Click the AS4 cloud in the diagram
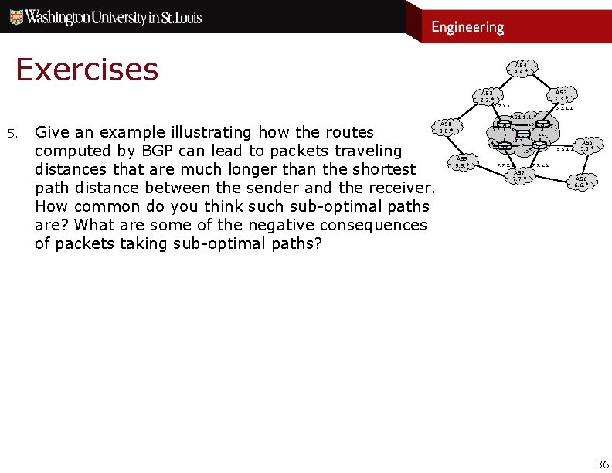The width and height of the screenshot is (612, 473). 521,68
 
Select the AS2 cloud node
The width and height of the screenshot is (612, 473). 486,96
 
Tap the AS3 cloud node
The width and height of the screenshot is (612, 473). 560,96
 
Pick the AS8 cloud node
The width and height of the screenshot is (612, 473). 445,127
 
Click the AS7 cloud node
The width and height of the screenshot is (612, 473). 519,176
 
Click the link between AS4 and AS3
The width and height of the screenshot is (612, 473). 543,80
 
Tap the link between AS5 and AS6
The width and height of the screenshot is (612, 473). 584,163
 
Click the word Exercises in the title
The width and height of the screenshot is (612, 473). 87,70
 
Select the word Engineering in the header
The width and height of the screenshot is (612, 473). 467,27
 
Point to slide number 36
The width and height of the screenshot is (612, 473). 602,464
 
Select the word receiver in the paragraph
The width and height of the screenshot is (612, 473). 399,188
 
